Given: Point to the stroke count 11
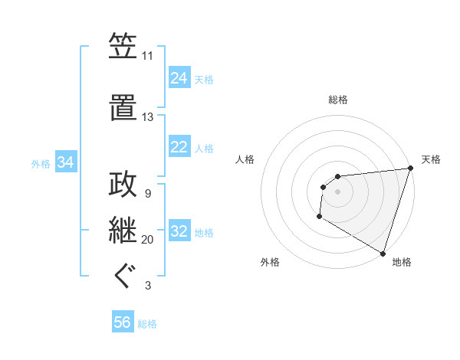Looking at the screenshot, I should point(147,56).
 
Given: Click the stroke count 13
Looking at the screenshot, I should point(147,117).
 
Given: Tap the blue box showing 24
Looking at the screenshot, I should point(179,77).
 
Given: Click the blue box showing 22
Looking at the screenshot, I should point(179,147).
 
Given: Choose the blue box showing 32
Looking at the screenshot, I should point(179,231).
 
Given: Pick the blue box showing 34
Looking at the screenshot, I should point(66,162).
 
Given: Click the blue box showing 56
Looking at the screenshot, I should point(123,322).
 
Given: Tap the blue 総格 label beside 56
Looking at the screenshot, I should point(147,324).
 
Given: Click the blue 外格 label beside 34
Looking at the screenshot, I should point(41,163).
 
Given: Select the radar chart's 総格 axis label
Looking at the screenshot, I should point(337,100).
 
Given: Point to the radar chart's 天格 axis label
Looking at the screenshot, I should point(431,159).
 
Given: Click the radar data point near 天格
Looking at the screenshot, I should point(409,169).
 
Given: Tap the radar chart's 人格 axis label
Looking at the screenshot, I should point(245,159).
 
